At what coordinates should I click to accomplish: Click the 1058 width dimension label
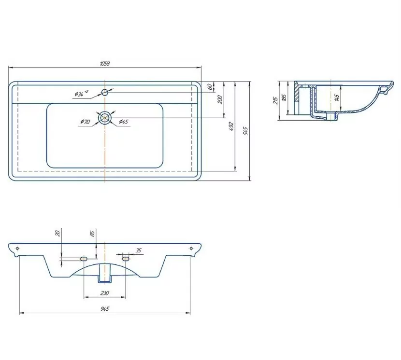click(x=104, y=63)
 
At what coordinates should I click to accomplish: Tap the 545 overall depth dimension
click(x=246, y=131)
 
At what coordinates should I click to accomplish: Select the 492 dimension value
click(x=231, y=126)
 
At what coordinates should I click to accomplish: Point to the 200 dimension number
click(x=220, y=99)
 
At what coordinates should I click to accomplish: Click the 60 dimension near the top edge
click(x=210, y=87)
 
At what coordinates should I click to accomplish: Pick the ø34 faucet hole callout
click(x=81, y=94)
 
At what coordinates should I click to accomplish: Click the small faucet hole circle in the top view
click(x=105, y=92)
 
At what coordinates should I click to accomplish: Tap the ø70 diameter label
click(x=85, y=122)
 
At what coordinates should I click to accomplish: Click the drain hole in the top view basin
click(x=105, y=118)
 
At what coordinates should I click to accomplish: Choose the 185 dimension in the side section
click(x=284, y=97)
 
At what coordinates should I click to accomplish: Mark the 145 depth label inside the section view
click(x=337, y=97)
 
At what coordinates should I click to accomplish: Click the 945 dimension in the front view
click(x=104, y=309)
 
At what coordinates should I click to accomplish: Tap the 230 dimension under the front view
click(x=104, y=293)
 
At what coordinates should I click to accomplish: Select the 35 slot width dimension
click(x=138, y=250)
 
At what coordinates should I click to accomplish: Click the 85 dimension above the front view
click(x=92, y=233)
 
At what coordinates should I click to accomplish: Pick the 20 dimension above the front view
click(x=57, y=233)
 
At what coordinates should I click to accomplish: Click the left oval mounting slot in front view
click(x=84, y=259)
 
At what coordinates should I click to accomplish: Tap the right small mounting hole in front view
click(x=191, y=249)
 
